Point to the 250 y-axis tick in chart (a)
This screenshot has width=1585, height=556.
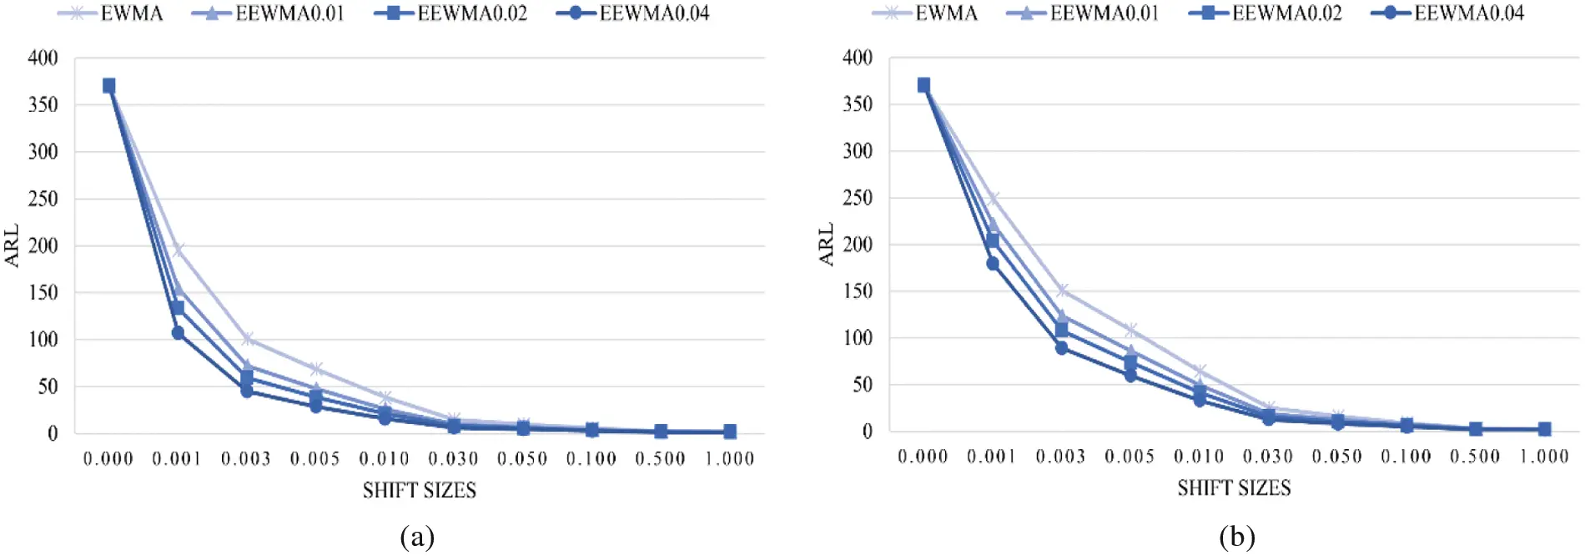point(43,199)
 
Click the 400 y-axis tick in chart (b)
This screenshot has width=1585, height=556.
point(858,58)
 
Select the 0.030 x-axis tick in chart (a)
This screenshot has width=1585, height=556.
point(453,458)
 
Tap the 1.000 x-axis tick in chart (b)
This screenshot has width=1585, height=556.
point(1544,457)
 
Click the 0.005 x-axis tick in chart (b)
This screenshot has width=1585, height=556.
point(1130,457)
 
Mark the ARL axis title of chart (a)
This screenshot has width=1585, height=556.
point(12,245)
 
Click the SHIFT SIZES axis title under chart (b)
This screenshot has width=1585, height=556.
point(1234,488)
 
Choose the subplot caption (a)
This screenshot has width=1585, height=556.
point(417,536)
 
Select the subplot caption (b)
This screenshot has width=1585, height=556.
point(1236,536)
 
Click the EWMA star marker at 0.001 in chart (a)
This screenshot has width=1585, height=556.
point(178,250)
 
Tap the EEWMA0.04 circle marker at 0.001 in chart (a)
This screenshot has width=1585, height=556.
point(178,333)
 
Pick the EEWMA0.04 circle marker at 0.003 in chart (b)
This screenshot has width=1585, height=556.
point(1061,348)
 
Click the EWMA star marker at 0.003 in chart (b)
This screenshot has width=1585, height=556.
point(1061,291)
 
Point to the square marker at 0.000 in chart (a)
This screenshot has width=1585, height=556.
point(108,85)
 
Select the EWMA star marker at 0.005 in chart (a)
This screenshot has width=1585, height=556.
point(315,369)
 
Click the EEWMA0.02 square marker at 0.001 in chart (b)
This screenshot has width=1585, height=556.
point(992,241)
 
